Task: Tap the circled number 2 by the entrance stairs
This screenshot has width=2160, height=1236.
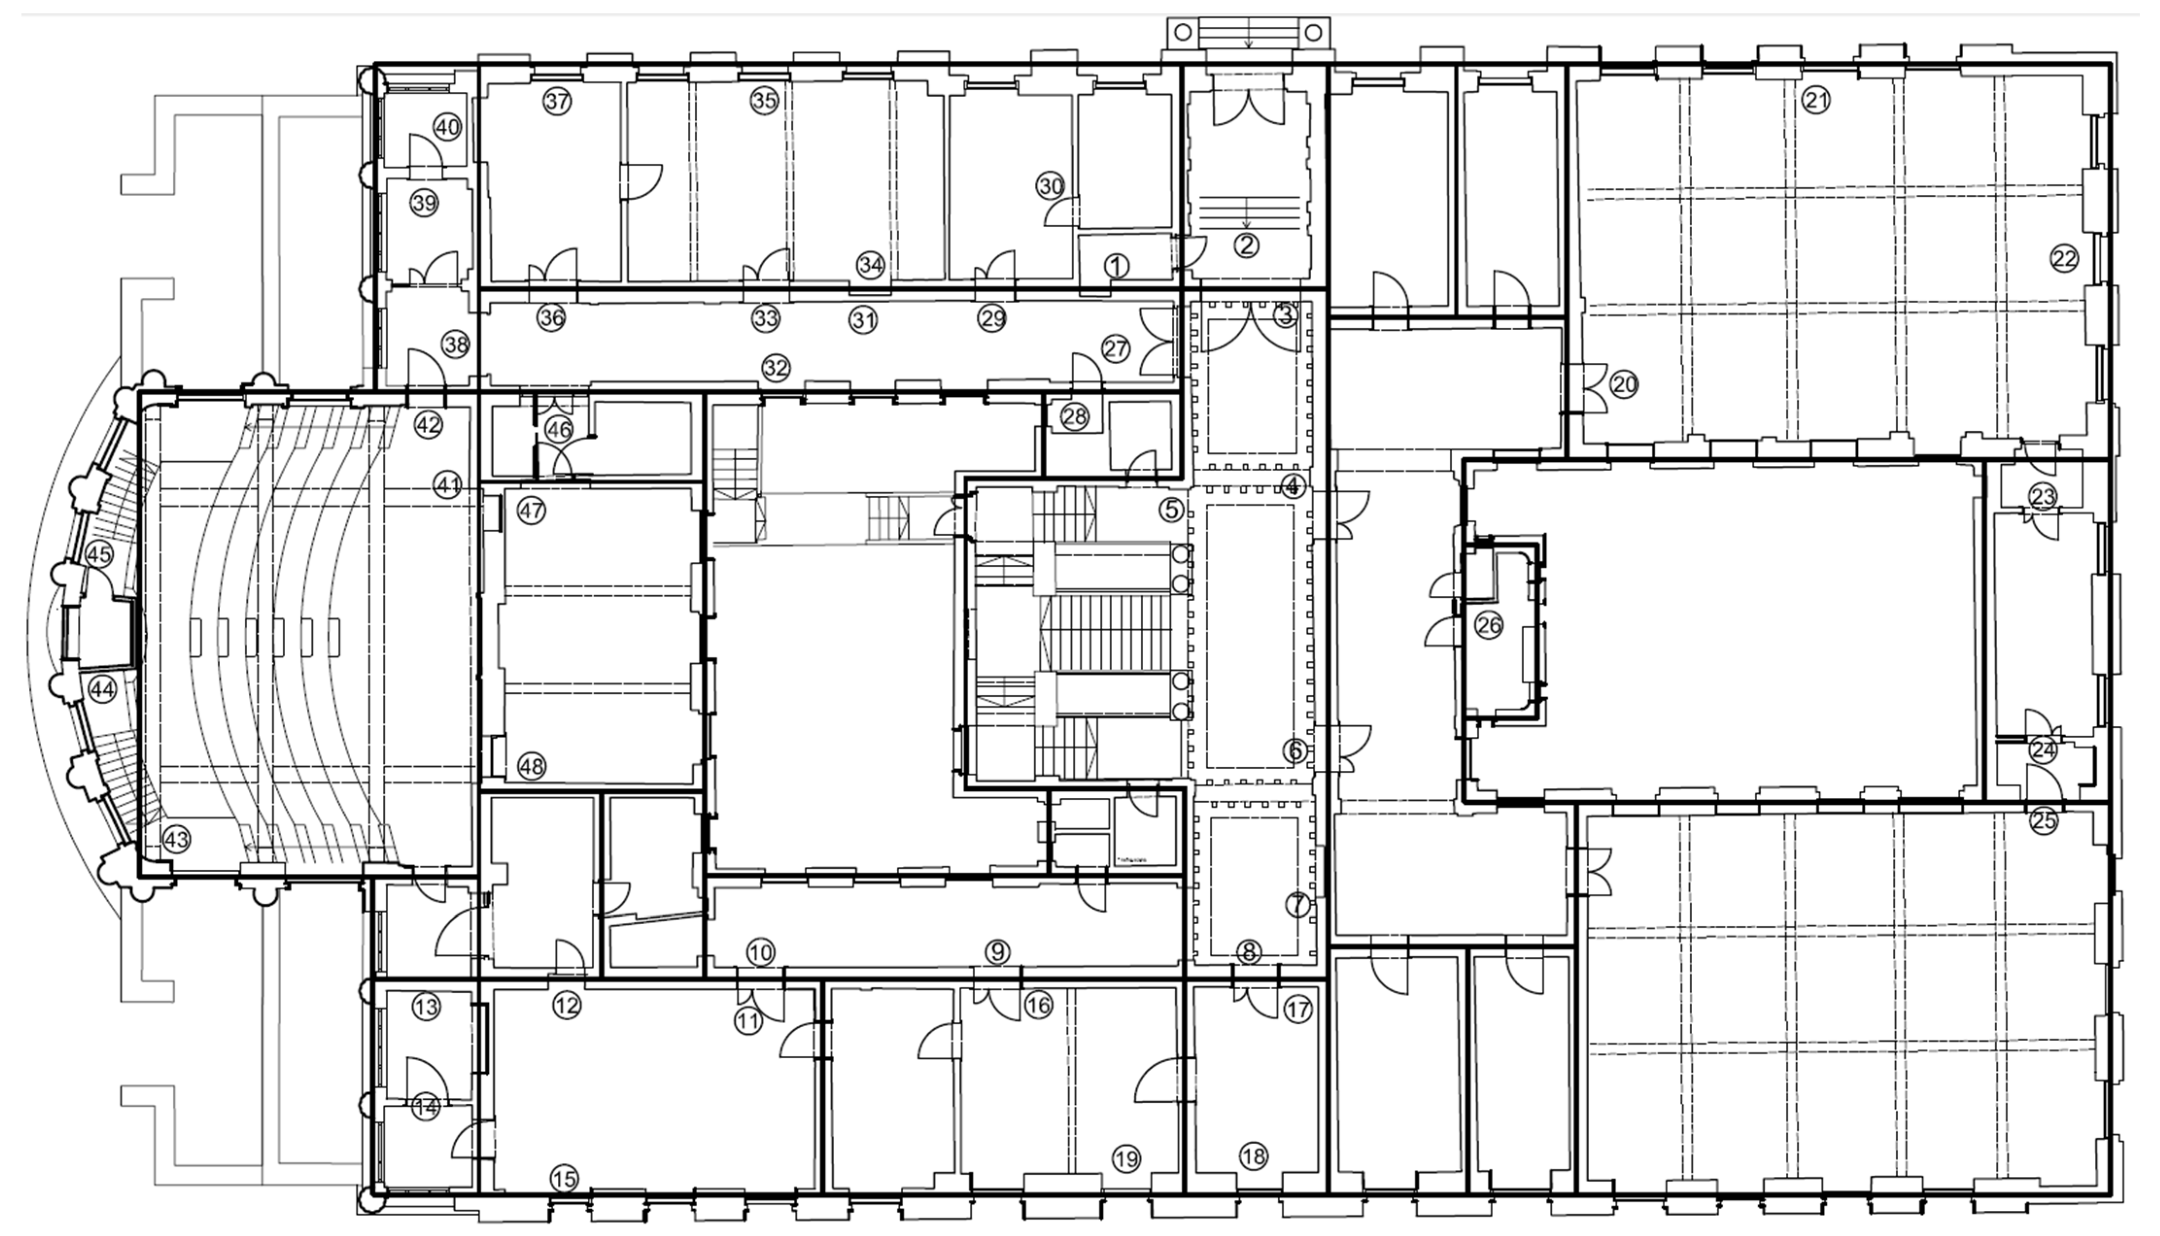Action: pyautogui.click(x=1247, y=245)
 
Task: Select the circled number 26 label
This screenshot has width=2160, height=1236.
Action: pyautogui.click(x=1489, y=626)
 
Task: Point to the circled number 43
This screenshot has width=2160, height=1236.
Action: pyautogui.click(x=177, y=840)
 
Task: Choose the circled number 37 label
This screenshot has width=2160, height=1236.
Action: pyautogui.click(x=557, y=102)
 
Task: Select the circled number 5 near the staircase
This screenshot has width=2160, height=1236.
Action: pyautogui.click(x=1171, y=510)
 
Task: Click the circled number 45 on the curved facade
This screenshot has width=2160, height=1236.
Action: pyautogui.click(x=99, y=554)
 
